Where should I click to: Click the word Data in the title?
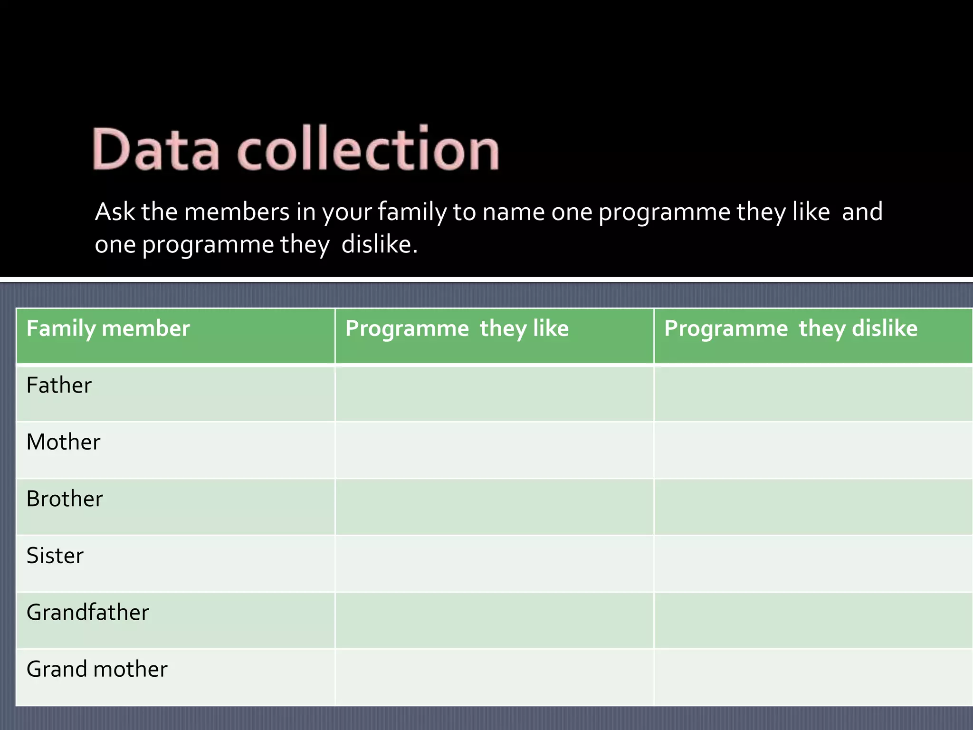pyautogui.click(x=156, y=149)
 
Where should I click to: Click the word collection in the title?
pyautogui.click(x=368, y=149)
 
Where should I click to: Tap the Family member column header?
pyautogui.click(x=108, y=329)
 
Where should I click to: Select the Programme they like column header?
pyautogui.click(x=457, y=329)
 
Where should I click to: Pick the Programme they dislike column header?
pyautogui.click(x=791, y=329)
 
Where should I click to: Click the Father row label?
pyautogui.click(x=59, y=385)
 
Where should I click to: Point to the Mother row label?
pyautogui.click(x=63, y=442)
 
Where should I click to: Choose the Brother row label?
pyautogui.click(x=65, y=499)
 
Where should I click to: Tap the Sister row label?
pyautogui.click(x=55, y=556)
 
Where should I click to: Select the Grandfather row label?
pyautogui.click(x=88, y=613)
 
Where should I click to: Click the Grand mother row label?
pyautogui.click(x=97, y=669)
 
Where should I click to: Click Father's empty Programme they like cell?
pyautogui.click(x=494, y=394)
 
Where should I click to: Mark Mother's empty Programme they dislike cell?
pyautogui.click(x=813, y=450)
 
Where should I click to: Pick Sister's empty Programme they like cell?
pyautogui.click(x=494, y=564)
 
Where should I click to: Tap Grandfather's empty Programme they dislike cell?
pyautogui.click(x=813, y=621)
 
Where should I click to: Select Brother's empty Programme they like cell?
pyautogui.click(x=494, y=507)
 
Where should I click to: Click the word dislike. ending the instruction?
pyautogui.click(x=379, y=245)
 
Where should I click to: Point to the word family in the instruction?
pyautogui.click(x=412, y=212)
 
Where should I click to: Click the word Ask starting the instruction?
pyautogui.click(x=115, y=211)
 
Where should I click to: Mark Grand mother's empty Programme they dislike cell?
pyautogui.click(x=813, y=677)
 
